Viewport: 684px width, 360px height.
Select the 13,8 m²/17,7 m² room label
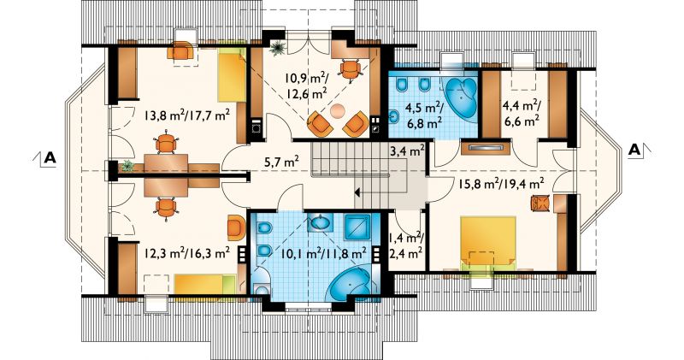[187, 115]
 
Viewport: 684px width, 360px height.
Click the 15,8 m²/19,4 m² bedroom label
[501, 184]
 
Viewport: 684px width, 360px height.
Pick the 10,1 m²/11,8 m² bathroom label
[323, 252]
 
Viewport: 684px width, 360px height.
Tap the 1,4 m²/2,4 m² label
[405, 245]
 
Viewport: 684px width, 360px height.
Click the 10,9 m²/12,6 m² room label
[305, 86]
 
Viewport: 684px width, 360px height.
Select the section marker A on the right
[634, 150]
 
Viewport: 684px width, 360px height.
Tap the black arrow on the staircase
[357, 192]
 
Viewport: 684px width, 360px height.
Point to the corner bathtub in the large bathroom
[350, 282]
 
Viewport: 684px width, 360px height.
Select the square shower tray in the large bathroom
[357, 227]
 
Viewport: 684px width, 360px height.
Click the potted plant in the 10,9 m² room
[277, 49]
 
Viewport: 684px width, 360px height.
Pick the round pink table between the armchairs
[337, 110]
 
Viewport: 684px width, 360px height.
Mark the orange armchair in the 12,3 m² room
[236, 227]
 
